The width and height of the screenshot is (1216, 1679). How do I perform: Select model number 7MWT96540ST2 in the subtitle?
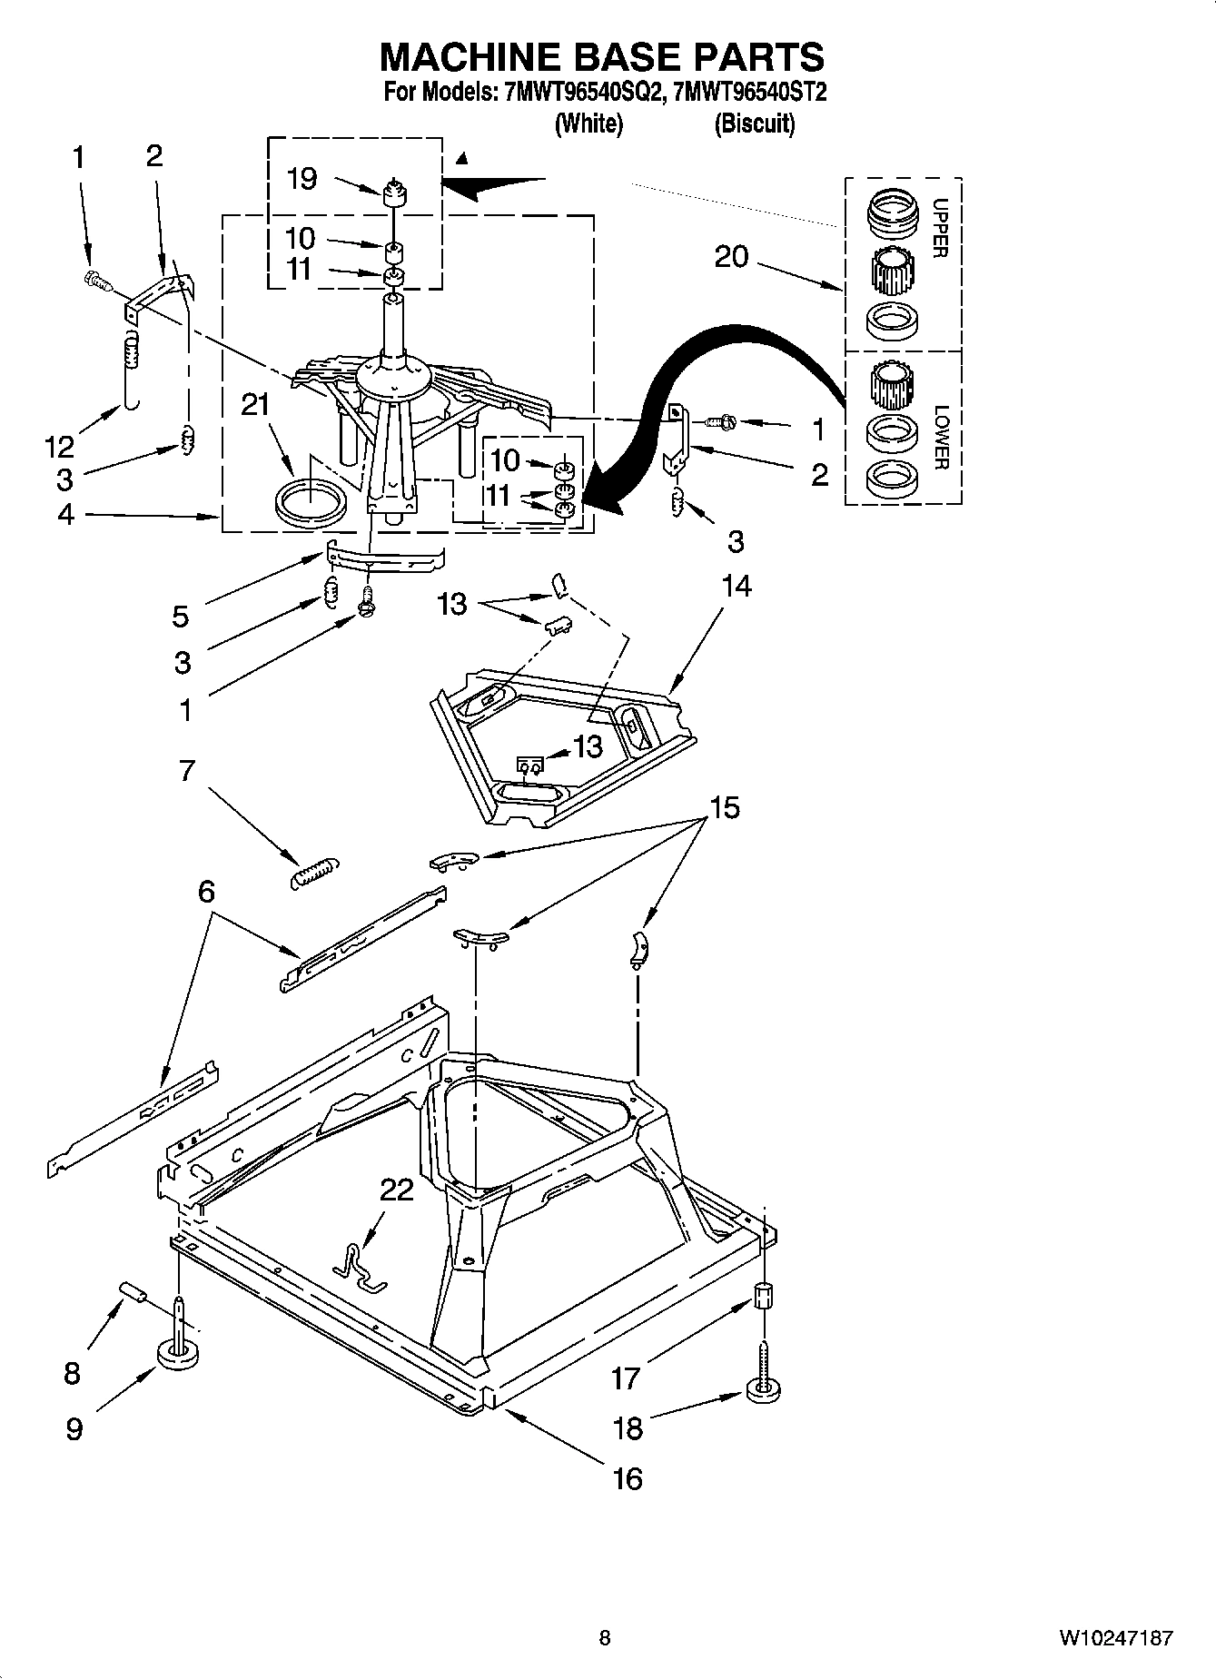pyautogui.click(x=746, y=92)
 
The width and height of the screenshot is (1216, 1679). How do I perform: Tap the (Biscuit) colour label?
pyautogui.click(x=754, y=123)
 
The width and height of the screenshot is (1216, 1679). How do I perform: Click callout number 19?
pyautogui.click(x=302, y=178)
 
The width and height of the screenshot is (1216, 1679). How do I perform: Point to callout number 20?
pyautogui.click(x=731, y=257)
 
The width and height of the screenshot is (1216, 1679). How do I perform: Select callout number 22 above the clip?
pyautogui.click(x=396, y=1189)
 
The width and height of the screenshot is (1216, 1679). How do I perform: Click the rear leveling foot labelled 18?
pyautogui.click(x=765, y=1388)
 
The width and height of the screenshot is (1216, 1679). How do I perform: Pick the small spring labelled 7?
pyautogui.click(x=312, y=872)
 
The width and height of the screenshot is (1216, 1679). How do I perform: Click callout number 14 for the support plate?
pyautogui.click(x=736, y=587)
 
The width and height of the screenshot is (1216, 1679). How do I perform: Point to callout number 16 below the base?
pyautogui.click(x=628, y=1478)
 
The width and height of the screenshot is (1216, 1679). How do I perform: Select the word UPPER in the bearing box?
pyautogui.click(x=940, y=228)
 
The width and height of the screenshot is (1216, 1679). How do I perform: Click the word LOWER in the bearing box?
pyautogui.click(x=940, y=437)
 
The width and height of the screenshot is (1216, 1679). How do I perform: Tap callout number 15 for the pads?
pyautogui.click(x=724, y=806)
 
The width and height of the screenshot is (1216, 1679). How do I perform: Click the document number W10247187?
pyautogui.click(x=1114, y=1638)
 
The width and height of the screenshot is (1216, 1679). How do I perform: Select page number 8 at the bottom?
pyautogui.click(x=605, y=1638)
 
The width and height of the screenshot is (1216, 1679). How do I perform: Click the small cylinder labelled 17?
pyautogui.click(x=764, y=1296)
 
